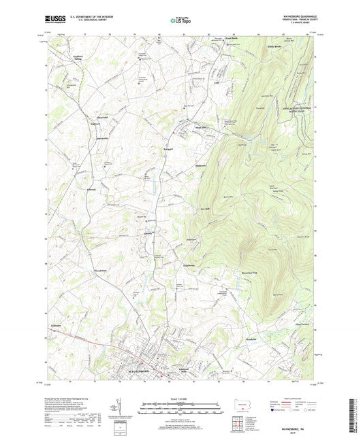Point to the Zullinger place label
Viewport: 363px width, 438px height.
point(55,326)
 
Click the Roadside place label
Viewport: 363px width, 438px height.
point(250,339)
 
